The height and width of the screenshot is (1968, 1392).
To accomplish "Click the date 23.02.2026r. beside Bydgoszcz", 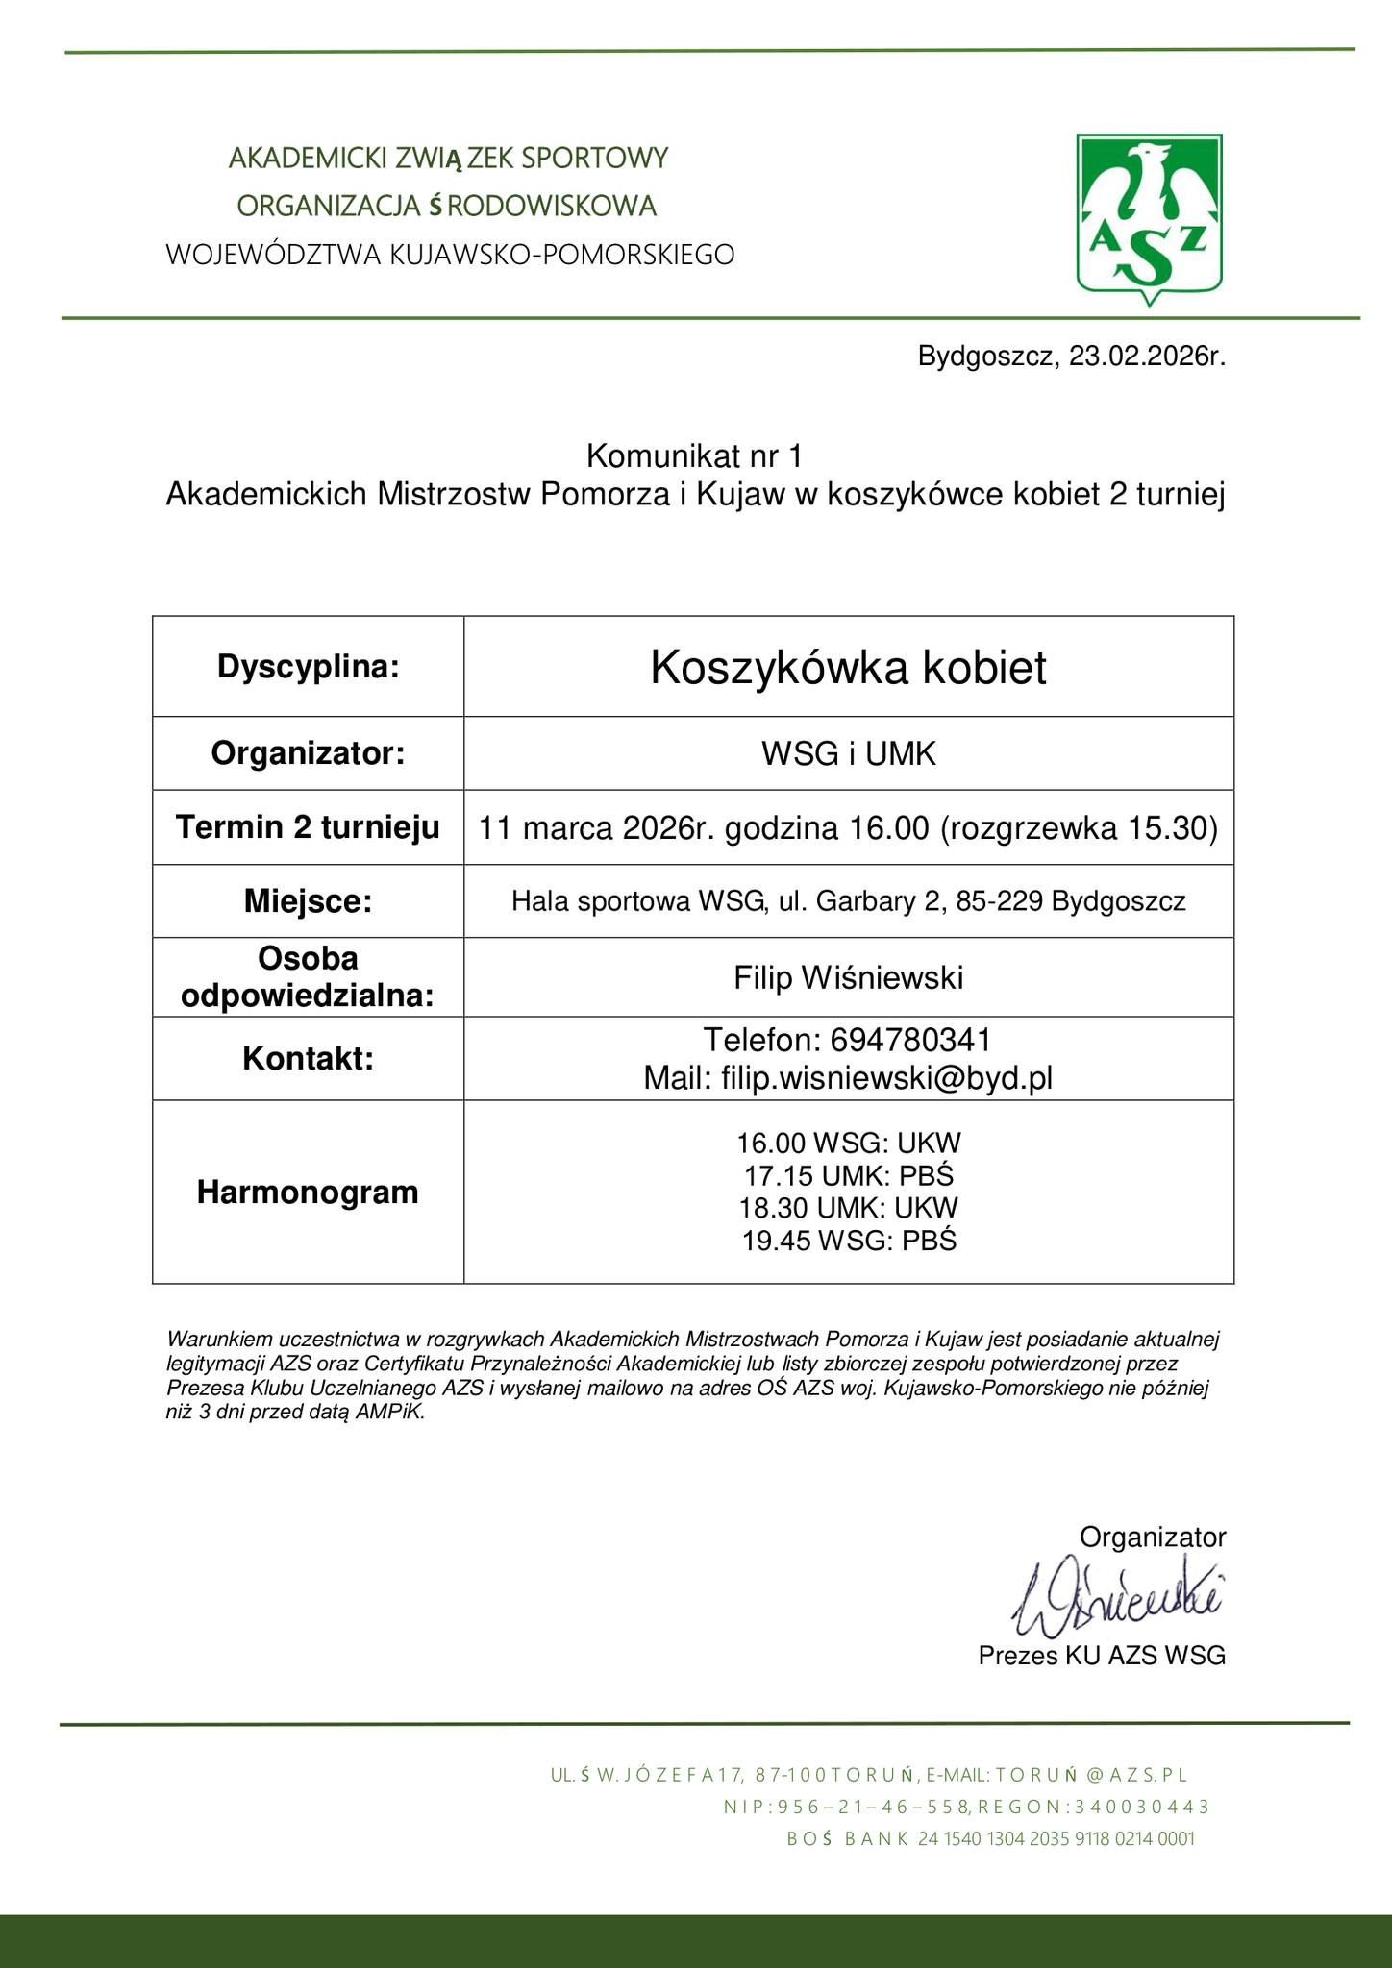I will (x=1148, y=357).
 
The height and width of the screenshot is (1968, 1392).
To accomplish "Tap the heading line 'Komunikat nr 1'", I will (x=693, y=455).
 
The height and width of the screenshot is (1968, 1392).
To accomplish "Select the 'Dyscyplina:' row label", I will (x=308, y=666).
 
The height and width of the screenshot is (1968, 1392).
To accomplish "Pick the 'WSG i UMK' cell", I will (x=848, y=754).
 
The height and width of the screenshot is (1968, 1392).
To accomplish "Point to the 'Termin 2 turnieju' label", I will (x=308, y=827).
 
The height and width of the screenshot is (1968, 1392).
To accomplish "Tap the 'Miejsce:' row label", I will (x=308, y=901).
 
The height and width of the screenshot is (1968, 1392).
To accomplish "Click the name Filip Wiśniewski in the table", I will (x=848, y=978).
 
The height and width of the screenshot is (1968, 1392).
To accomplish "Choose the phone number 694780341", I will (x=909, y=1040).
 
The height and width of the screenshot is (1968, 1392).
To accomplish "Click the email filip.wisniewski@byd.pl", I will (x=886, y=1078).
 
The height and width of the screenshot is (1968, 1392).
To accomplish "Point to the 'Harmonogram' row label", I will (x=308, y=1193).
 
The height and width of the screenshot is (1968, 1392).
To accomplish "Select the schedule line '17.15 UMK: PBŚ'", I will (x=848, y=1175).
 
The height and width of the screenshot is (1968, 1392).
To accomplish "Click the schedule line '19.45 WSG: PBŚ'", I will (x=848, y=1241).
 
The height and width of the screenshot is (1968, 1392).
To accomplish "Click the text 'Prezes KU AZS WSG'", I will (x=1102, y=1656).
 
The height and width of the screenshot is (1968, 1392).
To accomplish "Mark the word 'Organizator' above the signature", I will (x=1153, y=1537).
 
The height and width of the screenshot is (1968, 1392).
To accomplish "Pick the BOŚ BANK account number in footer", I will (x=1056, y=1838).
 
